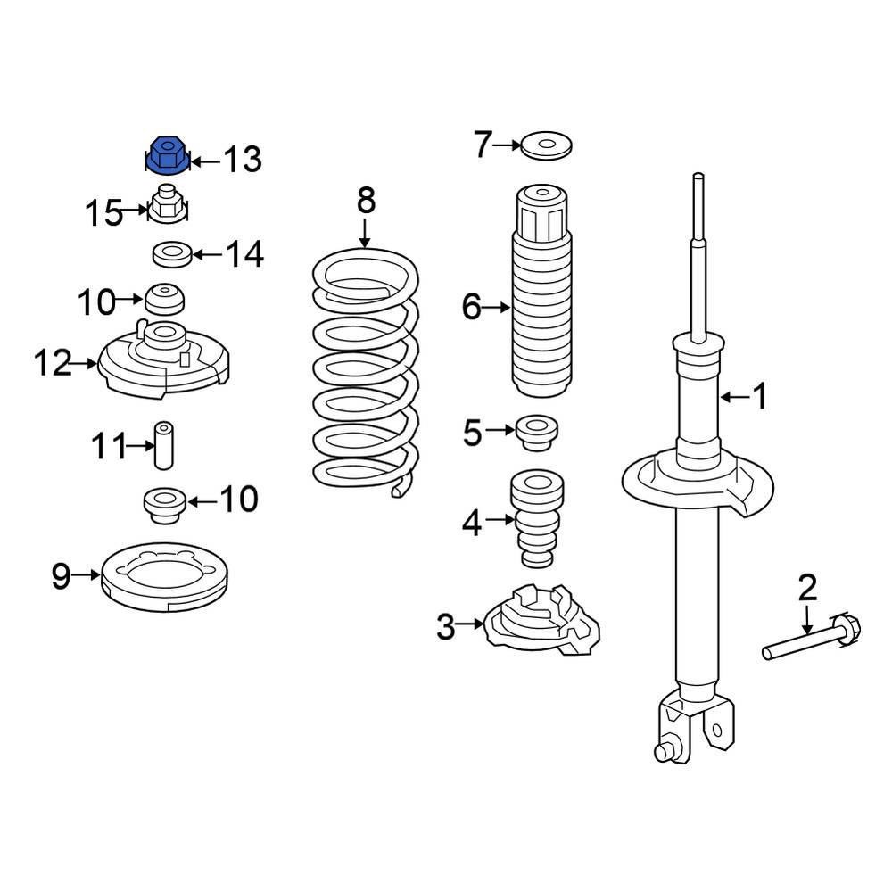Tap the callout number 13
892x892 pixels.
click(243, 160)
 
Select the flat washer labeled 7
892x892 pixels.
click(546, 146)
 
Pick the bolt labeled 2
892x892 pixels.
click(812, 638)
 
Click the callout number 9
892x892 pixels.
click(61, 576)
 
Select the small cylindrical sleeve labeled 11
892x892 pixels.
click(164, 445)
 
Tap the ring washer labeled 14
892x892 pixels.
click(172, 253)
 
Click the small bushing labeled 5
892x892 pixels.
click(536, 433)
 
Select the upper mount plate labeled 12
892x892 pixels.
click(164, 359)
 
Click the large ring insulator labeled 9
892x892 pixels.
click(164, 577)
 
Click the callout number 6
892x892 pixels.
click(472, 307)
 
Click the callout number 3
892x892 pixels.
click(446, 626)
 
